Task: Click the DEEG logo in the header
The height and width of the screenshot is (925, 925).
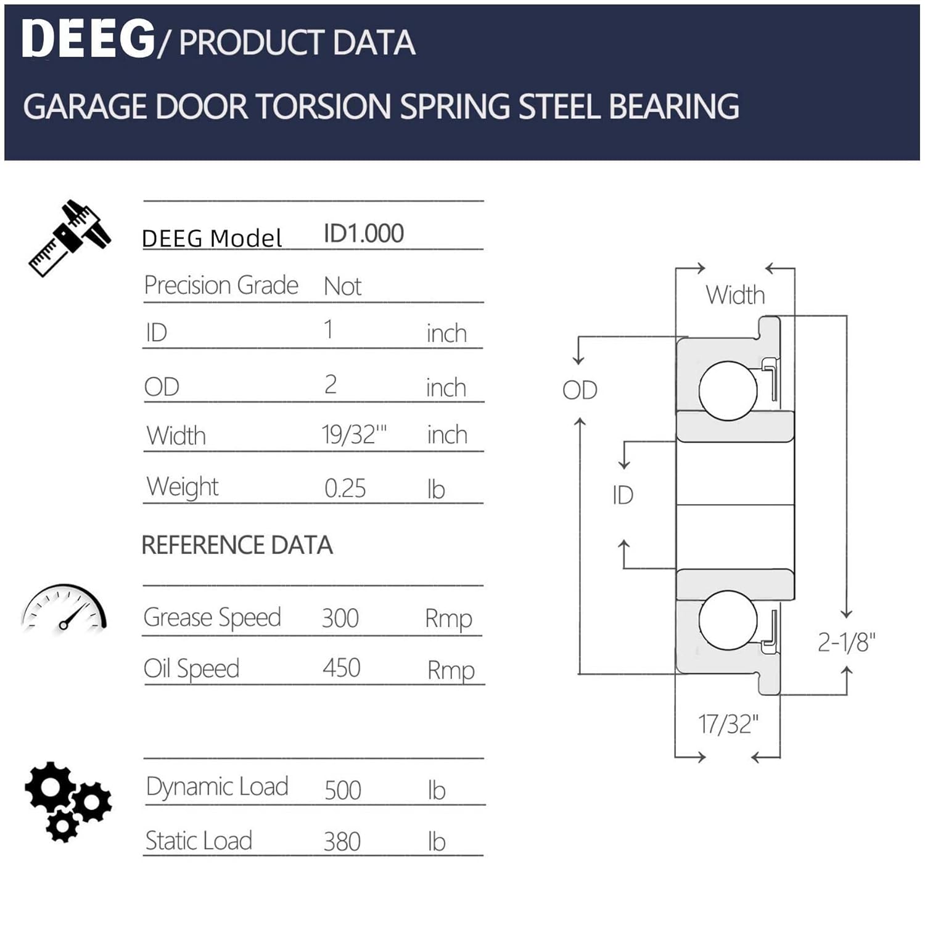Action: click(x=88, y=39)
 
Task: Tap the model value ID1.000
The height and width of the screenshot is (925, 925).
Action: click(x=363, y=234)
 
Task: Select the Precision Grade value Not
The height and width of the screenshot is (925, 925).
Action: click(x=342, y=287)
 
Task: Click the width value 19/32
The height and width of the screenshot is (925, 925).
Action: click(x=353, y=435)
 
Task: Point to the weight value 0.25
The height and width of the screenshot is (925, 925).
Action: click(x=345, y=488)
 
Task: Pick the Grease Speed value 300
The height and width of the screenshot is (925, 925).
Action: click(x=340, y=618)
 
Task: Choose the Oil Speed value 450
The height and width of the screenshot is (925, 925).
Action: click(x=341, y=668)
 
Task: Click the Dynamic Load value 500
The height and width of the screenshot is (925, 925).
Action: click(x=342, y=790)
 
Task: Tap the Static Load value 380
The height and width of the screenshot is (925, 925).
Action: click(x=342, y=841)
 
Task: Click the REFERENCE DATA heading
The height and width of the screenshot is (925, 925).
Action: click(x=237, y=545)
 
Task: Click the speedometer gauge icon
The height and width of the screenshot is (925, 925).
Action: click(x=64, y=609)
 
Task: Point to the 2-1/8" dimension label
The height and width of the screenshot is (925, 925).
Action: click(x=846, y=643)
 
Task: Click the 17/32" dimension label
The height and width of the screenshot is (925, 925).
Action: click(x=728, y=724)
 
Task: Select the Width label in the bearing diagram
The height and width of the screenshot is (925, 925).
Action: click(x=735, y=295)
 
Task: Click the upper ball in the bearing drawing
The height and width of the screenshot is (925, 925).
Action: click(x=728, y=390)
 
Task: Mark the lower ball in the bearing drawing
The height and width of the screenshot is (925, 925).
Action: click(x=728, y=620)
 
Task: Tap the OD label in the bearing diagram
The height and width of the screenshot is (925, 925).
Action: click(x=580, y=390)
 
